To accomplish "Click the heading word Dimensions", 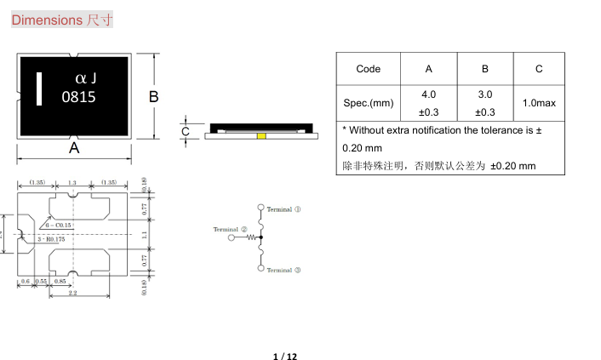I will (47, 20).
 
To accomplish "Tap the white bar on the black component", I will (38, 89).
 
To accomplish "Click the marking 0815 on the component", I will (79, 97).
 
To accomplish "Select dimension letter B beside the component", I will (154, 97).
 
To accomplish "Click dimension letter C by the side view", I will (186, 132).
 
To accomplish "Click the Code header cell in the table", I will (368, 69).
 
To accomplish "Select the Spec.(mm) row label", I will (368, 103).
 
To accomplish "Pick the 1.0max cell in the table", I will (539, 103).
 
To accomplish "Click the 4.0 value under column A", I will (428, 94).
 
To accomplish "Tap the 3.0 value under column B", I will (484, 94).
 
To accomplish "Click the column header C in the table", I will (539, 69).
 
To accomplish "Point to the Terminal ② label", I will (230, 229).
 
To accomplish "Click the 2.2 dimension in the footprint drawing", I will (72, 293).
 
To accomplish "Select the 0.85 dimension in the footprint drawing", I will (60, 281).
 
